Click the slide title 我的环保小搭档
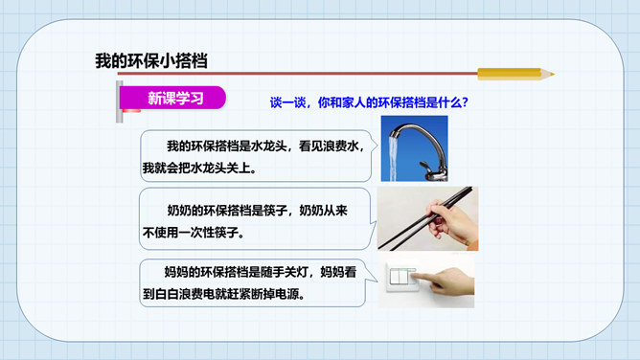click(151, 61)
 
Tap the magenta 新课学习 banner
click(173, 98)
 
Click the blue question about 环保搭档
click(369, 101)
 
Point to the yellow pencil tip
click(551, 74)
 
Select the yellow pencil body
click(510, 74)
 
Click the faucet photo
click(414, 148)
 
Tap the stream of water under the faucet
click(394, 159)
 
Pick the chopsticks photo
click(427, 218)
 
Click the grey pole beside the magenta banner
click(119, 101)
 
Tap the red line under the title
click(298, 74)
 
